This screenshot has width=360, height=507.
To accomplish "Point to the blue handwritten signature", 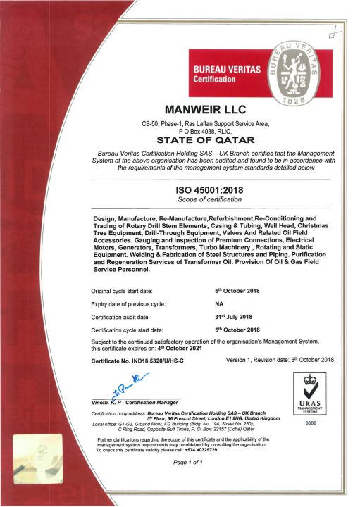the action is pyautogui.click(x=120, y=388).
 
